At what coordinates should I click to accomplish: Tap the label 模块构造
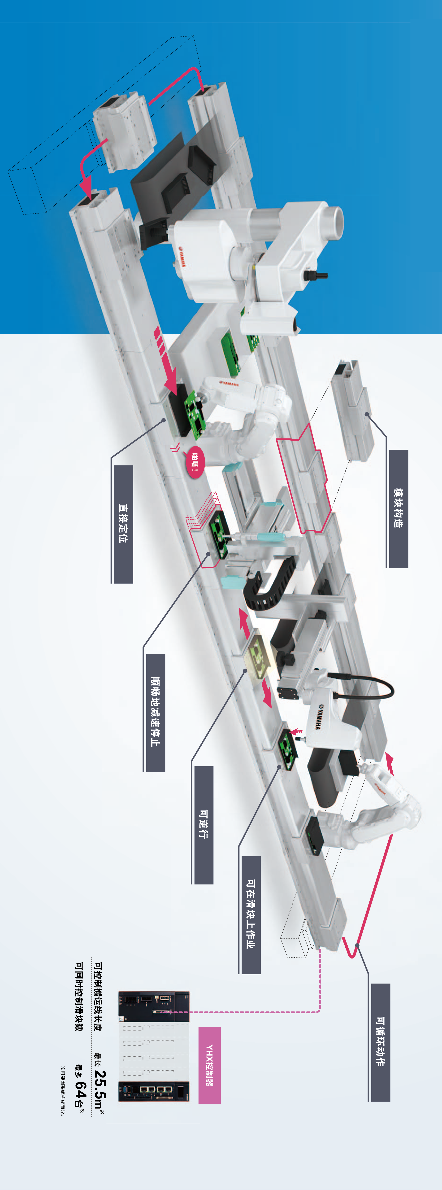tap(398, 508)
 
